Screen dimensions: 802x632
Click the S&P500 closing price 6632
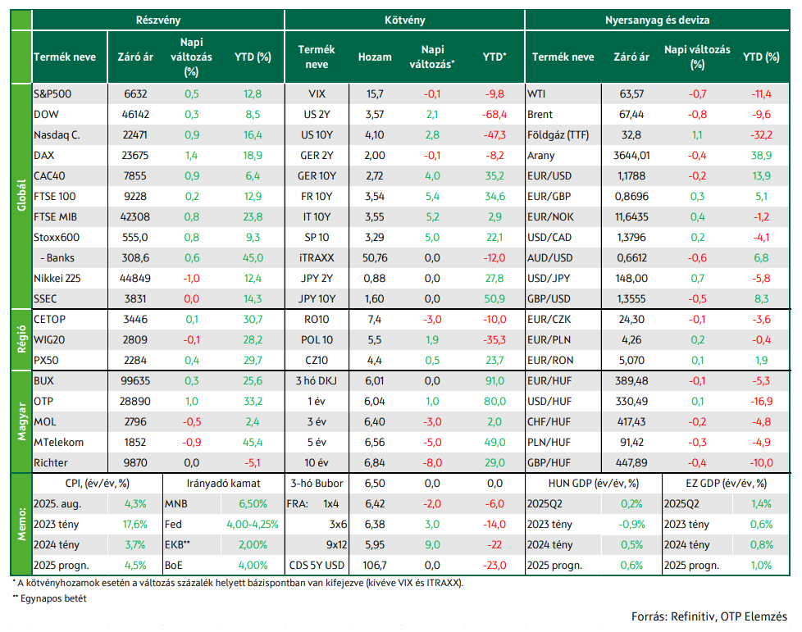135,94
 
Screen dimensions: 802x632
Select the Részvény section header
158,20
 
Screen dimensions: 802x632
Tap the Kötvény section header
404,20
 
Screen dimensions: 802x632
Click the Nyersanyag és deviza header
657,20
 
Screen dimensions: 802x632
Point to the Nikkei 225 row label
57,278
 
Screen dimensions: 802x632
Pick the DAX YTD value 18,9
253,156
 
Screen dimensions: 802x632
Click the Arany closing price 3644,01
631,156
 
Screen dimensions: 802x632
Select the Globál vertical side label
21,195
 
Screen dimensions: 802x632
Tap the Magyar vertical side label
21,421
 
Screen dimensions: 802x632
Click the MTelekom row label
59,443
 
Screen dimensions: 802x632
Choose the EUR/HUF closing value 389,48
631,381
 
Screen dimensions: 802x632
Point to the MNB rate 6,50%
253,503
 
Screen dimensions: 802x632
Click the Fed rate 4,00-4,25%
253,524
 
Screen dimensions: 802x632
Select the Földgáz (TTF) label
558,135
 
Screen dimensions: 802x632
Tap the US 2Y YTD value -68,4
494,115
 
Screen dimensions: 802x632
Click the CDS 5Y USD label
317,565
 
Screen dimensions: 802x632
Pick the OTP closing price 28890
135,402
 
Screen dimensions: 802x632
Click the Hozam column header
375,57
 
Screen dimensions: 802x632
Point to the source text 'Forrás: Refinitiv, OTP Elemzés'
709,616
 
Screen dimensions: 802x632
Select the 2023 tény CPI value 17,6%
135,524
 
